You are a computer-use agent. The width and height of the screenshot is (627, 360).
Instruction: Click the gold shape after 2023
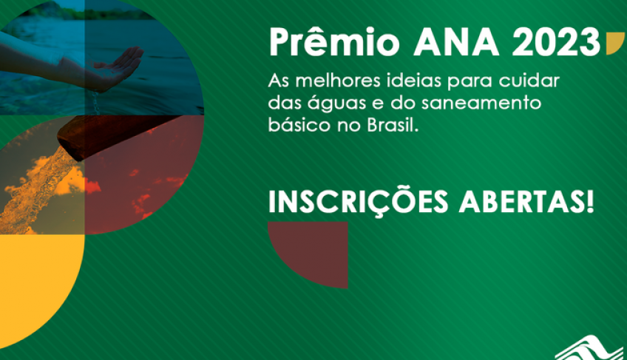pos(613,44)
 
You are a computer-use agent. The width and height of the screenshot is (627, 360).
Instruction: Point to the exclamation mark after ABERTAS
pos(590,202)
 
